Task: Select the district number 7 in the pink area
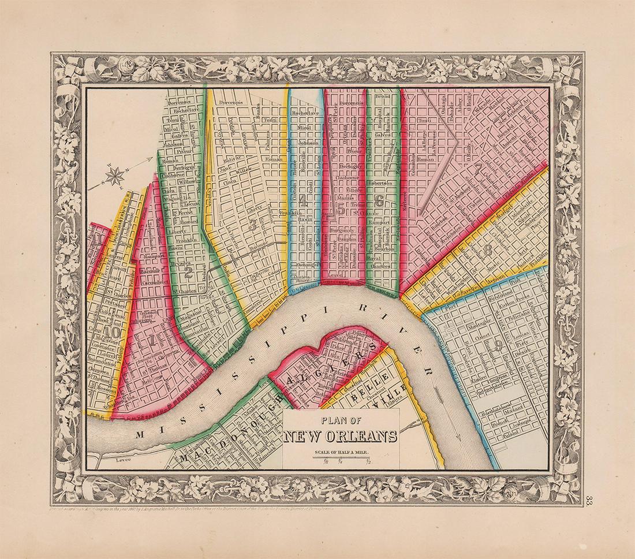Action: coord(478,169)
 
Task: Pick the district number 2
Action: coord(188,274)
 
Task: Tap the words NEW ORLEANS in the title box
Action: coord(341,436)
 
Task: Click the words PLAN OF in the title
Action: coord(341,421)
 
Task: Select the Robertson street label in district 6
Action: coord(379,182)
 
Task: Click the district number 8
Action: coord(488,250)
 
